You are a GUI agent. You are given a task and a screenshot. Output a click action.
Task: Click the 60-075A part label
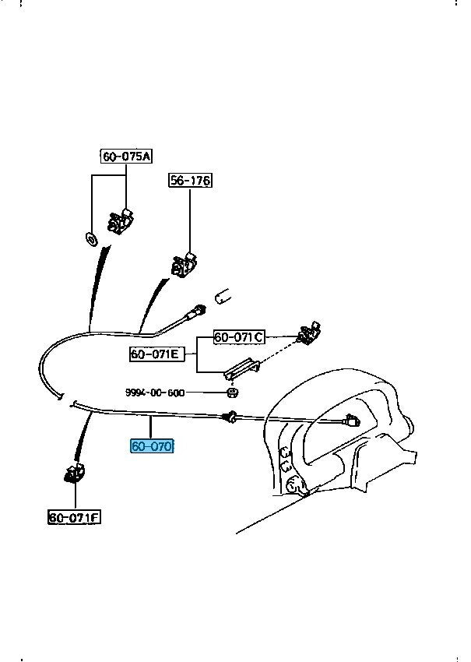[x=126, y=157]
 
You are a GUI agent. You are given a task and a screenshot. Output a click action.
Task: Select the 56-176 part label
[x=190, y=181]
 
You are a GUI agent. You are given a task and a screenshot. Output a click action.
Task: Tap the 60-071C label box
[x=239, y=337]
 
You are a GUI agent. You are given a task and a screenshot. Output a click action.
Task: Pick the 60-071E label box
[x=157, y=354]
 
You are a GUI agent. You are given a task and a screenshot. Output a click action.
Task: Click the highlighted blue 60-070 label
[x=152, y=446]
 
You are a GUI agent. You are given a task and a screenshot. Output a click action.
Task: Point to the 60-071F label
[x=74, y=517]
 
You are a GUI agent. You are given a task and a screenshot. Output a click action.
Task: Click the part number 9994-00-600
[x=155, y=393]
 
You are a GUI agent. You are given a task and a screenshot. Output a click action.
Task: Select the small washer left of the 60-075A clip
[x=91, y=239]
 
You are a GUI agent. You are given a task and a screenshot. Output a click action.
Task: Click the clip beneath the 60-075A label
[x=121, y=221]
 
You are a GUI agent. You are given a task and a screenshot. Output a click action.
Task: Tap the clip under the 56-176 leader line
[x=185, y=265]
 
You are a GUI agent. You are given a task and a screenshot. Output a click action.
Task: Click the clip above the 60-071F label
[x=75, y=473]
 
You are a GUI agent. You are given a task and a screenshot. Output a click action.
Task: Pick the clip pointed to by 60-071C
[x=310, y=333]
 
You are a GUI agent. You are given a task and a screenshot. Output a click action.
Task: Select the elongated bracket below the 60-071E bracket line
[x=242, y=368]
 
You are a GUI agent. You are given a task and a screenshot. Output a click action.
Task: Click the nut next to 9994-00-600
[x=233, y=393]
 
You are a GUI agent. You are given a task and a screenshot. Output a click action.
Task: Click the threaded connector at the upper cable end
[x=198, y=311]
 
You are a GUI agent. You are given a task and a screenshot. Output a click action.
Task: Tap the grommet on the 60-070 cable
[x=230, y=417]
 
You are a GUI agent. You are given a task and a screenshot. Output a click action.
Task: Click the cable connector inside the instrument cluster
[x=351, y=421]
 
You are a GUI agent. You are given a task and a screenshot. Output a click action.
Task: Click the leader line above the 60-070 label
[x=151, y=428]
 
